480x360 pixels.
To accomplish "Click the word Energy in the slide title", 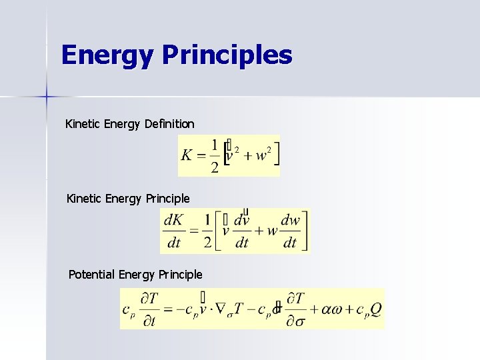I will click(107, 55).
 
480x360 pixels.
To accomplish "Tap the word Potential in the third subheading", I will click(91, 274).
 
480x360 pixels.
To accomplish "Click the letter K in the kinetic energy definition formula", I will click(186, 155).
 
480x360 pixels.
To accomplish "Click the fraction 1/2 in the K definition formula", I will click(213, 156).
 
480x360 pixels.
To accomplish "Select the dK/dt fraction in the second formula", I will click(174, 231).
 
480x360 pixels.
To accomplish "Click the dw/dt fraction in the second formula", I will click(290, 231).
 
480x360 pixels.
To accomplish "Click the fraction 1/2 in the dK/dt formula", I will click(207, 231).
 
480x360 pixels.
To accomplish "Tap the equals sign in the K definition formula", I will click(199, 156).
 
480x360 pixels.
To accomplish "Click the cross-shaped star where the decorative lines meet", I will click(47, 97).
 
